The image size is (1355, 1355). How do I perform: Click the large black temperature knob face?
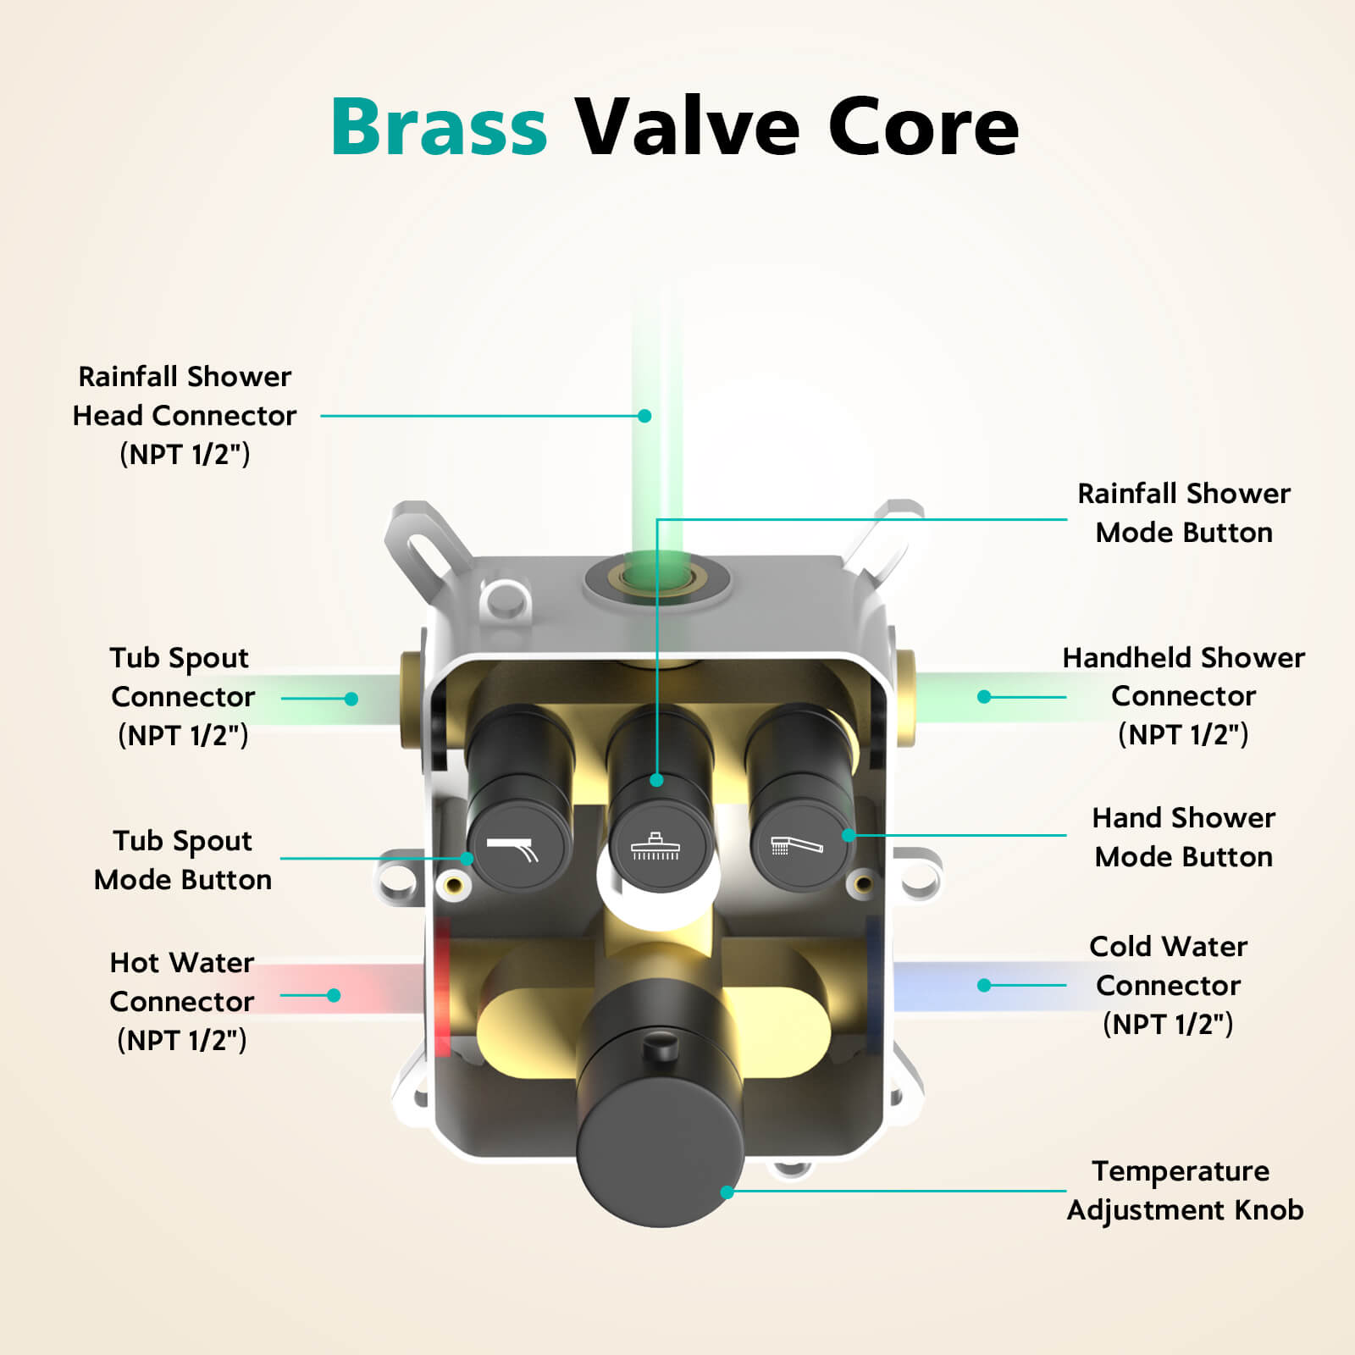pos(660,1156)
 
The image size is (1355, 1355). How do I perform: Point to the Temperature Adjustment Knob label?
pos(1184,1190)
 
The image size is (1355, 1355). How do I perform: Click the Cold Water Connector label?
pos(1168,985)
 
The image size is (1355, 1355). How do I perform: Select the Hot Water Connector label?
pos(182,1001)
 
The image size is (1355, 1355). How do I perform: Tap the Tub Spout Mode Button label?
pos(183,860)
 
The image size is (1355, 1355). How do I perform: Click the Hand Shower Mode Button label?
pos(1183,837)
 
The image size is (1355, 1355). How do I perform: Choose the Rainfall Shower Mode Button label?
pos(1183,512)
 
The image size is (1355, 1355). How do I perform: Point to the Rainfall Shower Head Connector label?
pos(185,415)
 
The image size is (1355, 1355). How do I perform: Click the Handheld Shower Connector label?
pos(1183,696)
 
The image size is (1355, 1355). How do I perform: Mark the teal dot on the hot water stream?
pos(334,995)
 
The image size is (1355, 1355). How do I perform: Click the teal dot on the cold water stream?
pos(984,985)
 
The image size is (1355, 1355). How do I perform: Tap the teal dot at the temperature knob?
pos(727,1192)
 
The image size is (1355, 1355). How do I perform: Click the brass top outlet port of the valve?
pos(657,580)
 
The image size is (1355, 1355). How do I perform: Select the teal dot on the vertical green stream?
pos(644,416)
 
